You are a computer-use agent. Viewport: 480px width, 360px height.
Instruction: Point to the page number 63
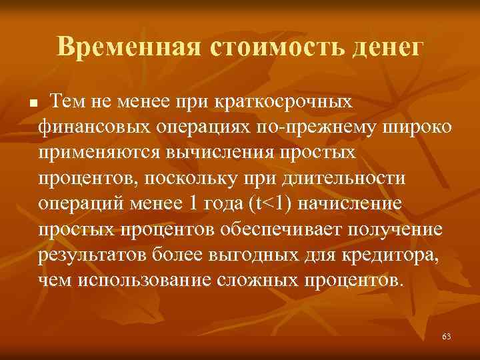pyautogui.click(x=446, y=337)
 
